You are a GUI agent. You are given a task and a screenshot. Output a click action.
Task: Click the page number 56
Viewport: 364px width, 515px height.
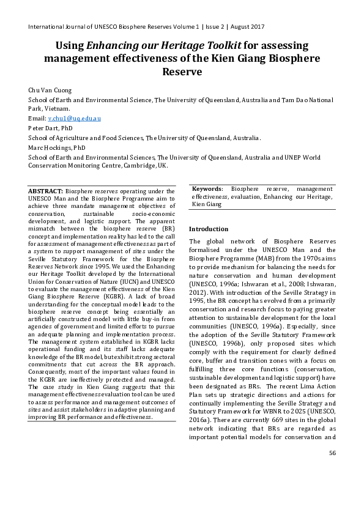332,487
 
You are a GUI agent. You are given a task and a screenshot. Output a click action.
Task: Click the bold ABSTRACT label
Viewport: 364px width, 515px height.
45,191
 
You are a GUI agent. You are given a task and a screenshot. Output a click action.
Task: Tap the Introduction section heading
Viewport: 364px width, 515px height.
209,229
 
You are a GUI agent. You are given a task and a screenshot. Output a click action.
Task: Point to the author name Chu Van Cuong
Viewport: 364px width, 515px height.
50,91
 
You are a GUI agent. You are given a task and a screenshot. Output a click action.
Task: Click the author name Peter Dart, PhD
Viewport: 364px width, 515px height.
51,128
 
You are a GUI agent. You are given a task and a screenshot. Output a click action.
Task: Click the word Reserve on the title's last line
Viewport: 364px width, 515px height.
182,71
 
